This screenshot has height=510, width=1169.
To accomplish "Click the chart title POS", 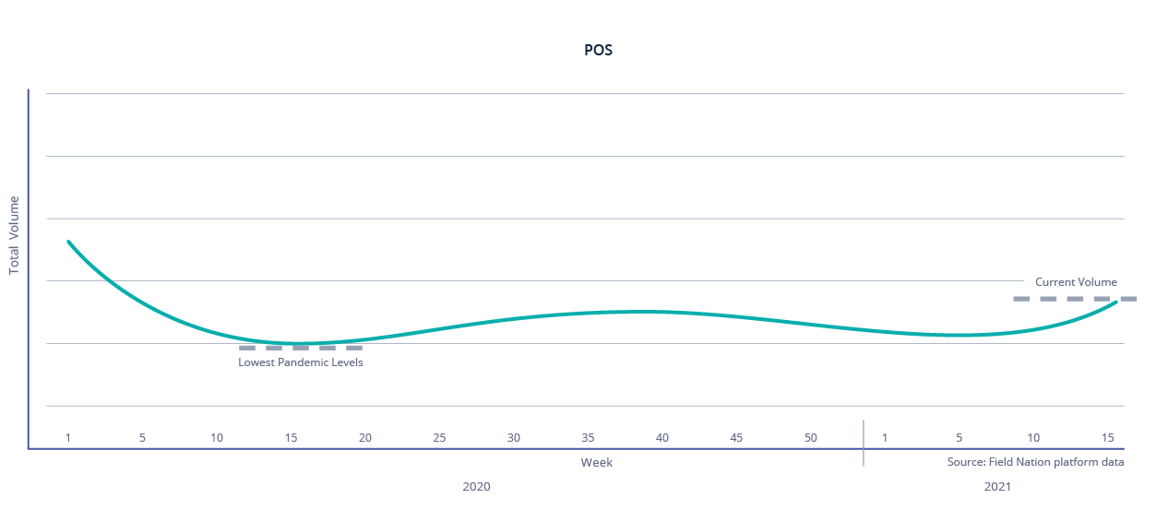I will [598, 51].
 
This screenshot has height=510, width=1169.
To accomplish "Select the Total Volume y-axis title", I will [14, 235].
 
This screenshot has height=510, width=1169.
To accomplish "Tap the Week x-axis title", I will [596, 462].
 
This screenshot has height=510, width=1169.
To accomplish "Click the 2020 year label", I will [476, 486].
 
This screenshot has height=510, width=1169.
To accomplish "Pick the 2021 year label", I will [996, 486].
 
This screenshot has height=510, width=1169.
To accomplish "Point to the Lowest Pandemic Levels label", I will [301, 362].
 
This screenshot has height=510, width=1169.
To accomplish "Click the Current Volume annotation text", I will [1076, 282].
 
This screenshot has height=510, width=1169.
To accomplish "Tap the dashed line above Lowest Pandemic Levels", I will [301, 349].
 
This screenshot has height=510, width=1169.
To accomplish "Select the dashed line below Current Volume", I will [1074, 299].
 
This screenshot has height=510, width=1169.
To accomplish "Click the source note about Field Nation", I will [1035, 462].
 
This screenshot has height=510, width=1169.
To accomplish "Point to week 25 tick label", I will [439, 437].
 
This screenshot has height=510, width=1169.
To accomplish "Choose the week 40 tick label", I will [662, 437].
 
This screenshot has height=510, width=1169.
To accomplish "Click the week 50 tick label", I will [810, 437].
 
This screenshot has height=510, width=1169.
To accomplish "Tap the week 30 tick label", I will [514, 437].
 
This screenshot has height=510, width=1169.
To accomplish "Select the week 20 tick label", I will [365, 437].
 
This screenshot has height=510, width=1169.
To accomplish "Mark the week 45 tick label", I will [736, 437].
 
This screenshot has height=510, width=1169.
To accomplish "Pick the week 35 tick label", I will [588, 437].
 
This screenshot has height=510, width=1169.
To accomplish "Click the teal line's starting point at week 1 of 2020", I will [68, 242].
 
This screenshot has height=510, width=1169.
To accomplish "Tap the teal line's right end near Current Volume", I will [1116, 302].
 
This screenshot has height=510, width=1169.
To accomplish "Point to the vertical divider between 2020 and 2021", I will [864, 443].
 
